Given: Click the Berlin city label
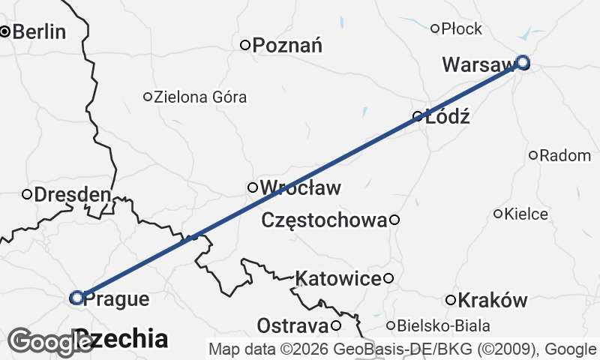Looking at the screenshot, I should [39, 32].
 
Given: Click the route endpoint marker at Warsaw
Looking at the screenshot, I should [523, 62].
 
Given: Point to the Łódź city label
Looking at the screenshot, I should [447, 117].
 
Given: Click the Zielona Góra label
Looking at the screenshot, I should [199, 97].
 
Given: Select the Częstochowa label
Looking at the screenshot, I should [324, 220].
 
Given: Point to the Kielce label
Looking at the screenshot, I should [526, 214].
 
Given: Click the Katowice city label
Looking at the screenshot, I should [338, 279].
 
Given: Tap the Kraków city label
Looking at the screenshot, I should [492, 301].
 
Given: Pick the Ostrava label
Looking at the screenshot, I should [292, 326].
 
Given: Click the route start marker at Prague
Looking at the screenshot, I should [76, 298].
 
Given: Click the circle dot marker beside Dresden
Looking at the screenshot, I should [27, 195].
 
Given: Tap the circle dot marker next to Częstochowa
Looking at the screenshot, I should [394, 220].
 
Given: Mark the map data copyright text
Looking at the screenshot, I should [403, 349].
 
